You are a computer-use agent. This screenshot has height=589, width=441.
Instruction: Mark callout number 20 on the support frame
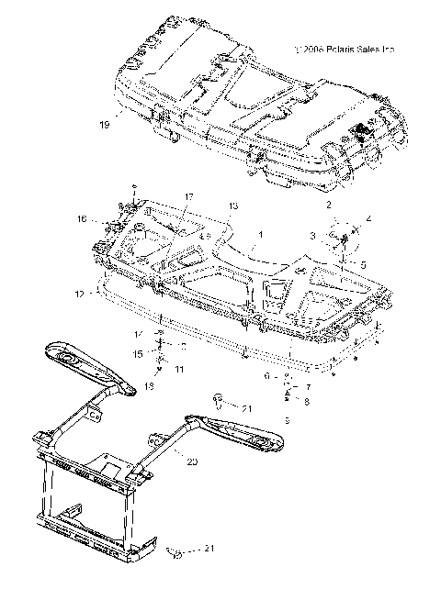192,463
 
